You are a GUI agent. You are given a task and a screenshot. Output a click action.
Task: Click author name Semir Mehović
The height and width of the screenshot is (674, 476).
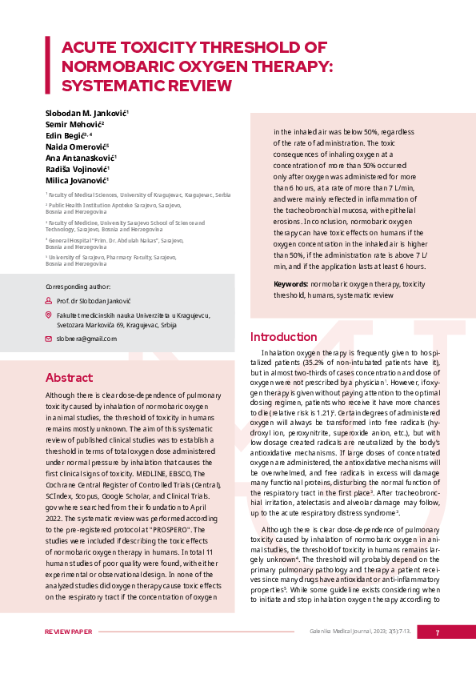point(74,125)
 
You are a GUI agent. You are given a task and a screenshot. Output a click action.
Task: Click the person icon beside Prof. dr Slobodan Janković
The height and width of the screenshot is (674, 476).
point(49,300)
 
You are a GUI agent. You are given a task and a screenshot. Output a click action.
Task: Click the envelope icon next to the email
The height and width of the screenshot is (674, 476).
point(49,339)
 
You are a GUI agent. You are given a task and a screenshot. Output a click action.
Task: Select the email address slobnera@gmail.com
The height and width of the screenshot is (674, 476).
point(86,339)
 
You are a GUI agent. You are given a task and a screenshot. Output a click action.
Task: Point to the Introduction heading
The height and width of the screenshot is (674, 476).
point(283,337)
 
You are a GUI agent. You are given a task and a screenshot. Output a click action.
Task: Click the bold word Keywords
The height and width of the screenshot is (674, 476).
point(290,284)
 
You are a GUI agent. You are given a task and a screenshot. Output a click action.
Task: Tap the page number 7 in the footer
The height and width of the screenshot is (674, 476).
point(437,632)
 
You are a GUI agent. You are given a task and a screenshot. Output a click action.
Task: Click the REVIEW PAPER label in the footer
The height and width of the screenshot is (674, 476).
point(69,632)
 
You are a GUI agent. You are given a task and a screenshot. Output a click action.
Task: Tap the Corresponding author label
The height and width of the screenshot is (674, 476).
point(78,286)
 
